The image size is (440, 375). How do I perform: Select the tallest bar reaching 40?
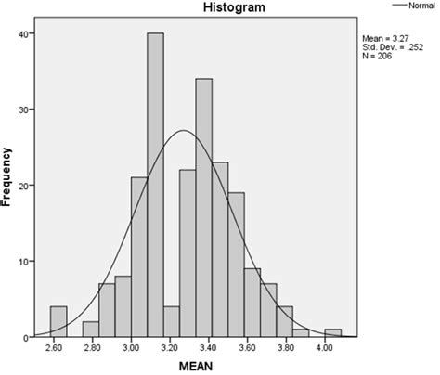click(155, 186)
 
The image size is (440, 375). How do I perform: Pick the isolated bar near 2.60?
click(58, 321)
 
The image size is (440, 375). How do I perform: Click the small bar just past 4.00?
click(333, 333)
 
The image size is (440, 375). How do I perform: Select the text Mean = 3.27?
click(391, 39)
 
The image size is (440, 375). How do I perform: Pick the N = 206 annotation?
click(382, 58)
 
